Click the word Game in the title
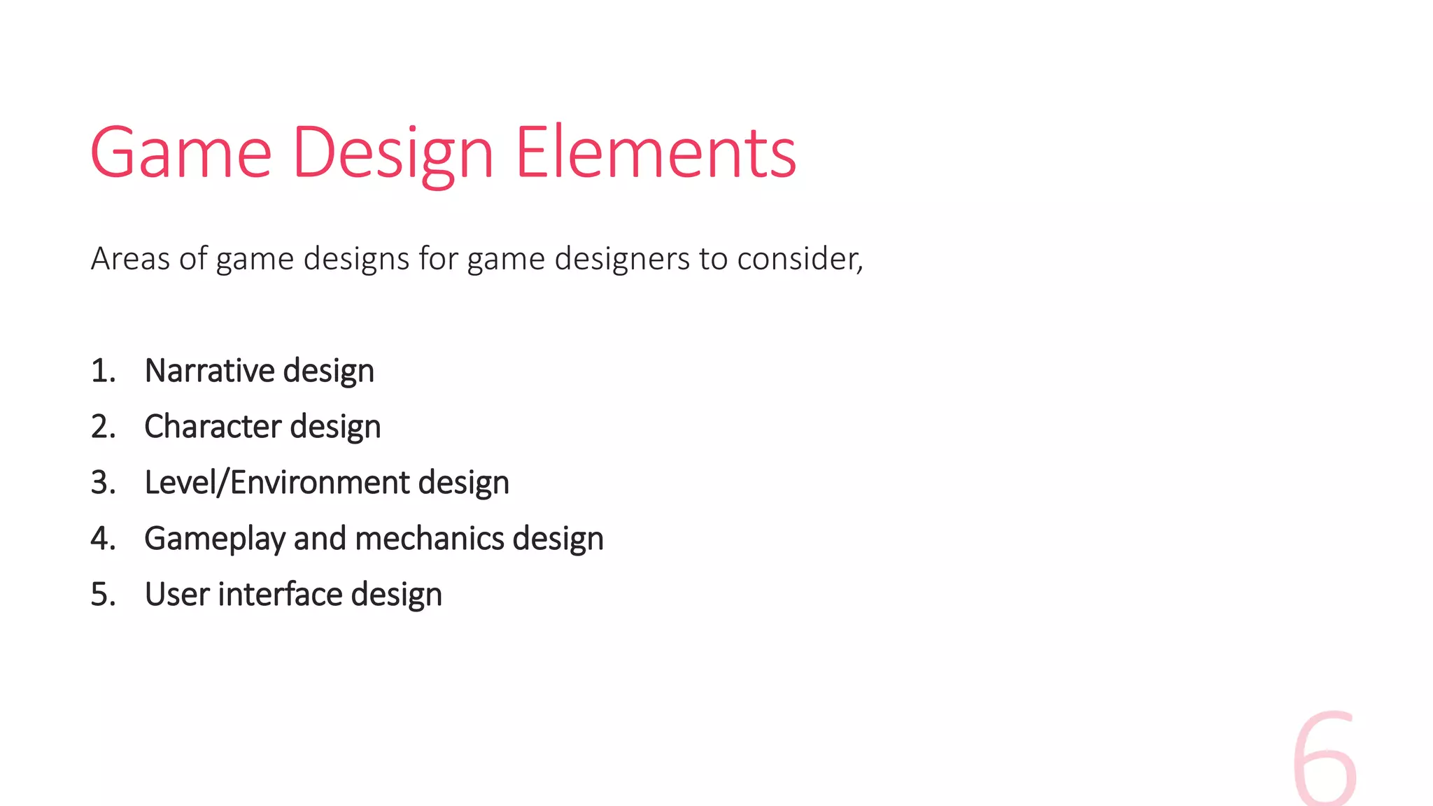tap(181, 153)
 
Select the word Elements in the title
tap(656, 153)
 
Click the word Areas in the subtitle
tap(130, 259)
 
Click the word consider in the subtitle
tap(799, 259)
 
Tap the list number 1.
tap(102, 371)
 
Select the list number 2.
tap(102, 427)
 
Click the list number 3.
tap(102, 483)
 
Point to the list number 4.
tap(102, 539)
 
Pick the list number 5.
tap(102, 595)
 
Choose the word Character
tap(213, 427)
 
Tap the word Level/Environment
tap(277, 483)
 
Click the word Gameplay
tap(215, 539)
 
